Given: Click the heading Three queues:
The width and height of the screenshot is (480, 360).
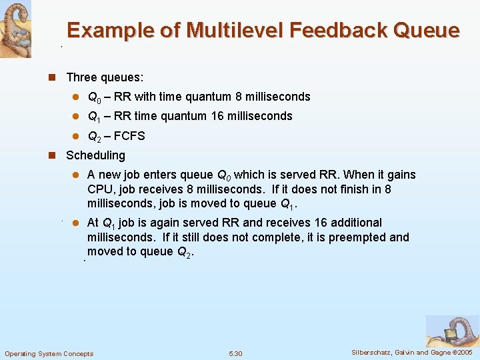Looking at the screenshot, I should [105, 78].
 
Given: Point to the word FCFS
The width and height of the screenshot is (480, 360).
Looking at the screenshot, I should [129, 136].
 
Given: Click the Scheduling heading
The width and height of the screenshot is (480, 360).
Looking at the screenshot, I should [95, 155].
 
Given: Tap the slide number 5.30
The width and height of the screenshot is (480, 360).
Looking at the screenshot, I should [235, 353].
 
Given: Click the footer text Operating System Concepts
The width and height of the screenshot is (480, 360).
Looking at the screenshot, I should [49, 353].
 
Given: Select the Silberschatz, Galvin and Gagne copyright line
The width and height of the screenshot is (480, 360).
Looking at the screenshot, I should [411, 353].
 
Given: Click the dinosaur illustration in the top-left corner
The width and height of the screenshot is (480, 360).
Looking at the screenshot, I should [15, 28].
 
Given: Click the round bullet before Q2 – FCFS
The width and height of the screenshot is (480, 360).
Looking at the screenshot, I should [76, 136].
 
